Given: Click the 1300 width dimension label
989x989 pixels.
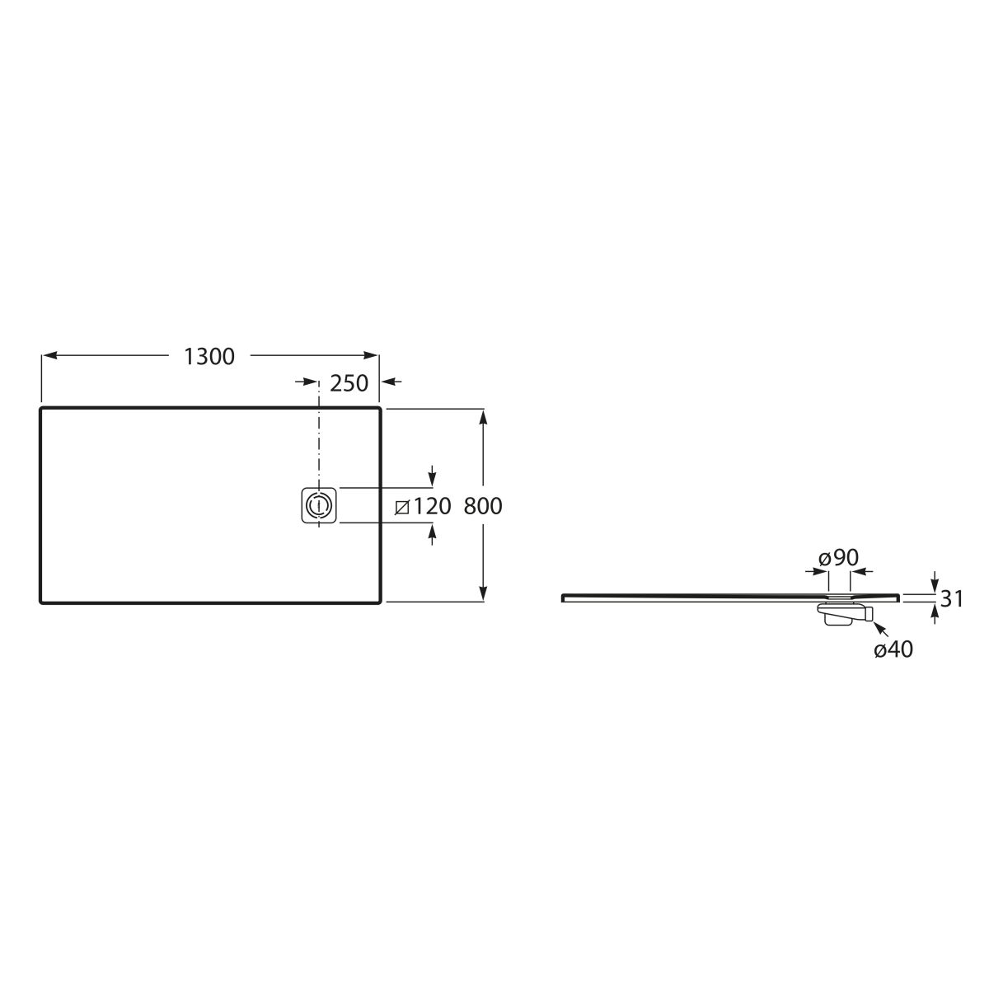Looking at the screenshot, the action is (x=209, y=357).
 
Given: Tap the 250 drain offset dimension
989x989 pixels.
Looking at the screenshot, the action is (x=349, y=383).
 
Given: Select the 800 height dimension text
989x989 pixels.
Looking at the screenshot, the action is (x=482, y=506).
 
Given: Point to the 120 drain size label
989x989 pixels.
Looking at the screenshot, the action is (x=432, y=506).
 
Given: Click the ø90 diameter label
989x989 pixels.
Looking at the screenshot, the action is (x=838, y=558).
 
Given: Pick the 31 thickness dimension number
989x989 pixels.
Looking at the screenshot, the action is (x=952, y=599).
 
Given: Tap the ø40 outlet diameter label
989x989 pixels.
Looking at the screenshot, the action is (x=893, y=649).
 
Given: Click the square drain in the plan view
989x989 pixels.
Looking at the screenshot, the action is (x=319, y=505).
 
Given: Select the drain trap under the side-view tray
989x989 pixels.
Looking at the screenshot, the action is (x=844, y=614).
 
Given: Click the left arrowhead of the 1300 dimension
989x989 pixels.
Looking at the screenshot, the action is (x=49, y=355).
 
